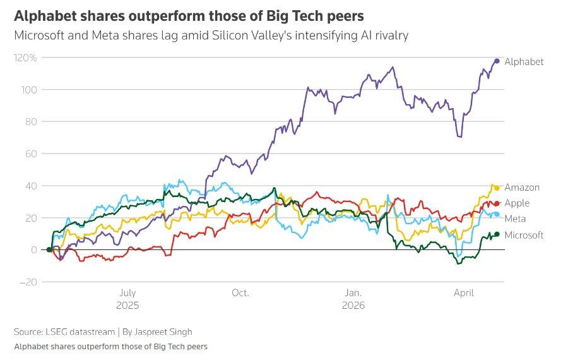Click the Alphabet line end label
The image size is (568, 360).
[524, 61]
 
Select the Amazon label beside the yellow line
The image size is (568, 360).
[522, 188]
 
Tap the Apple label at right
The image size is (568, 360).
[517, 203]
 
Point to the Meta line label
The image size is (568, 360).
[515, 219]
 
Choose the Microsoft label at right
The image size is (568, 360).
[524, 235]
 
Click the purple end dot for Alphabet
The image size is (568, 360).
[497, 61]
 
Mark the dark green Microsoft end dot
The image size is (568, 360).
[497, 234]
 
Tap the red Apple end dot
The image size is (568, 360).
[497, 203]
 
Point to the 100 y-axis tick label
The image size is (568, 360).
[29, 90]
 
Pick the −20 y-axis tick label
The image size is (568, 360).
[28, 282]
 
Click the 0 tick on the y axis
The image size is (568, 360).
[33, 249]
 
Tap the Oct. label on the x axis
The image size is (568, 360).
[240, 293]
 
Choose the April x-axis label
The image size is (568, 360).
[465, 293]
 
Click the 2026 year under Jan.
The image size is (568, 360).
[353, 304]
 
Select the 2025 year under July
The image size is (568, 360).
[127, 304]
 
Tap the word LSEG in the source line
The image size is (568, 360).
[56, 332]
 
